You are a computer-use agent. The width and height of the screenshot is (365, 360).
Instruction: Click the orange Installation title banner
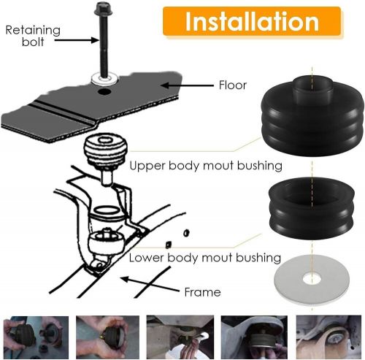point(252,21)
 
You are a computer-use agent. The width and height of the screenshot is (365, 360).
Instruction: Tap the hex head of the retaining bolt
point(103,7)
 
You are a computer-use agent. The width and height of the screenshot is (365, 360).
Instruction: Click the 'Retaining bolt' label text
point(33,36)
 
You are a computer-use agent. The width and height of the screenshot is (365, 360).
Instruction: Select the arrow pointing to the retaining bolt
point(77,40)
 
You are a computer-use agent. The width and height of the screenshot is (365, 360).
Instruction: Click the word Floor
point(233,85)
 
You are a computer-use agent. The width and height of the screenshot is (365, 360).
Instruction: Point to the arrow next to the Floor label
point(187,85)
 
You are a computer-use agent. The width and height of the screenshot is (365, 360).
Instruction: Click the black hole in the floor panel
point(104,92)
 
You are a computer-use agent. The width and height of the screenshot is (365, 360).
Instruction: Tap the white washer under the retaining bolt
point(104,78)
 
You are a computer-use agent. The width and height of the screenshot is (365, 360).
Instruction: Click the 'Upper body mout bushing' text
point(206,166)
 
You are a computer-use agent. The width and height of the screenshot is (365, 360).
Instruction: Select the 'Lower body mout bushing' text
point(205,258)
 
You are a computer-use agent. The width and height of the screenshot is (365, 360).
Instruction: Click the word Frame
point(202,292)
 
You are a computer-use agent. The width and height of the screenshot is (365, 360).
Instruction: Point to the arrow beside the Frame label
point(150,284)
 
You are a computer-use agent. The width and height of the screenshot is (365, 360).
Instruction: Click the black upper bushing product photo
point(312,115)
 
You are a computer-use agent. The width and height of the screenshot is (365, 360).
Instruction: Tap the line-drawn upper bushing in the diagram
point(106,153)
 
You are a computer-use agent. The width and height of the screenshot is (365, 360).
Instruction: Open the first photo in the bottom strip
point(36,337)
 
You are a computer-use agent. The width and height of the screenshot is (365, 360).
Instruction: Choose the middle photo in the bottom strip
point(180,337)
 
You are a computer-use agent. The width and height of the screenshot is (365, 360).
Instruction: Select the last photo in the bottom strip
point(328,337)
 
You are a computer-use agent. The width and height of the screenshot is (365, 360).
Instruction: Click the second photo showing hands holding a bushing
point(108,337)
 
